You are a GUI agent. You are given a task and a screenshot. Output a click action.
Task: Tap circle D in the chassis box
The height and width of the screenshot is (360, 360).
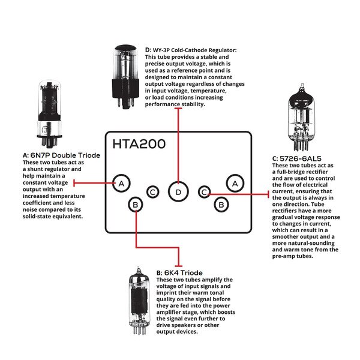click(x=178, y=192)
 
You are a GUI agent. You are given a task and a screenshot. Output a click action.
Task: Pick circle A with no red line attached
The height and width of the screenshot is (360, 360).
click(x=235, y=182)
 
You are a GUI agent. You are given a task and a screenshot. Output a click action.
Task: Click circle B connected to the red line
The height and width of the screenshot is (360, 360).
click(x=136, y=205)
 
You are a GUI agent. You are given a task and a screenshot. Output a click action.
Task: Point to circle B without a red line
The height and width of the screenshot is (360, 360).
click(x=221, y=205)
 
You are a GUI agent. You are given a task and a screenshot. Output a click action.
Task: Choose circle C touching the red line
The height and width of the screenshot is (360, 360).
click(x=205, y=192)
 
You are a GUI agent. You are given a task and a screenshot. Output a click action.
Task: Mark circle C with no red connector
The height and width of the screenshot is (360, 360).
click(x=154, y=192)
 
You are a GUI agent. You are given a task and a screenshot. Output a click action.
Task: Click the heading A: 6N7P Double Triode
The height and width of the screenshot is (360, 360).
click(x=61, y=155)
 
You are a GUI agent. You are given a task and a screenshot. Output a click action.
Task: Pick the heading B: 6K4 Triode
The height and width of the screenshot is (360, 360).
click(x=179, y=273)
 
